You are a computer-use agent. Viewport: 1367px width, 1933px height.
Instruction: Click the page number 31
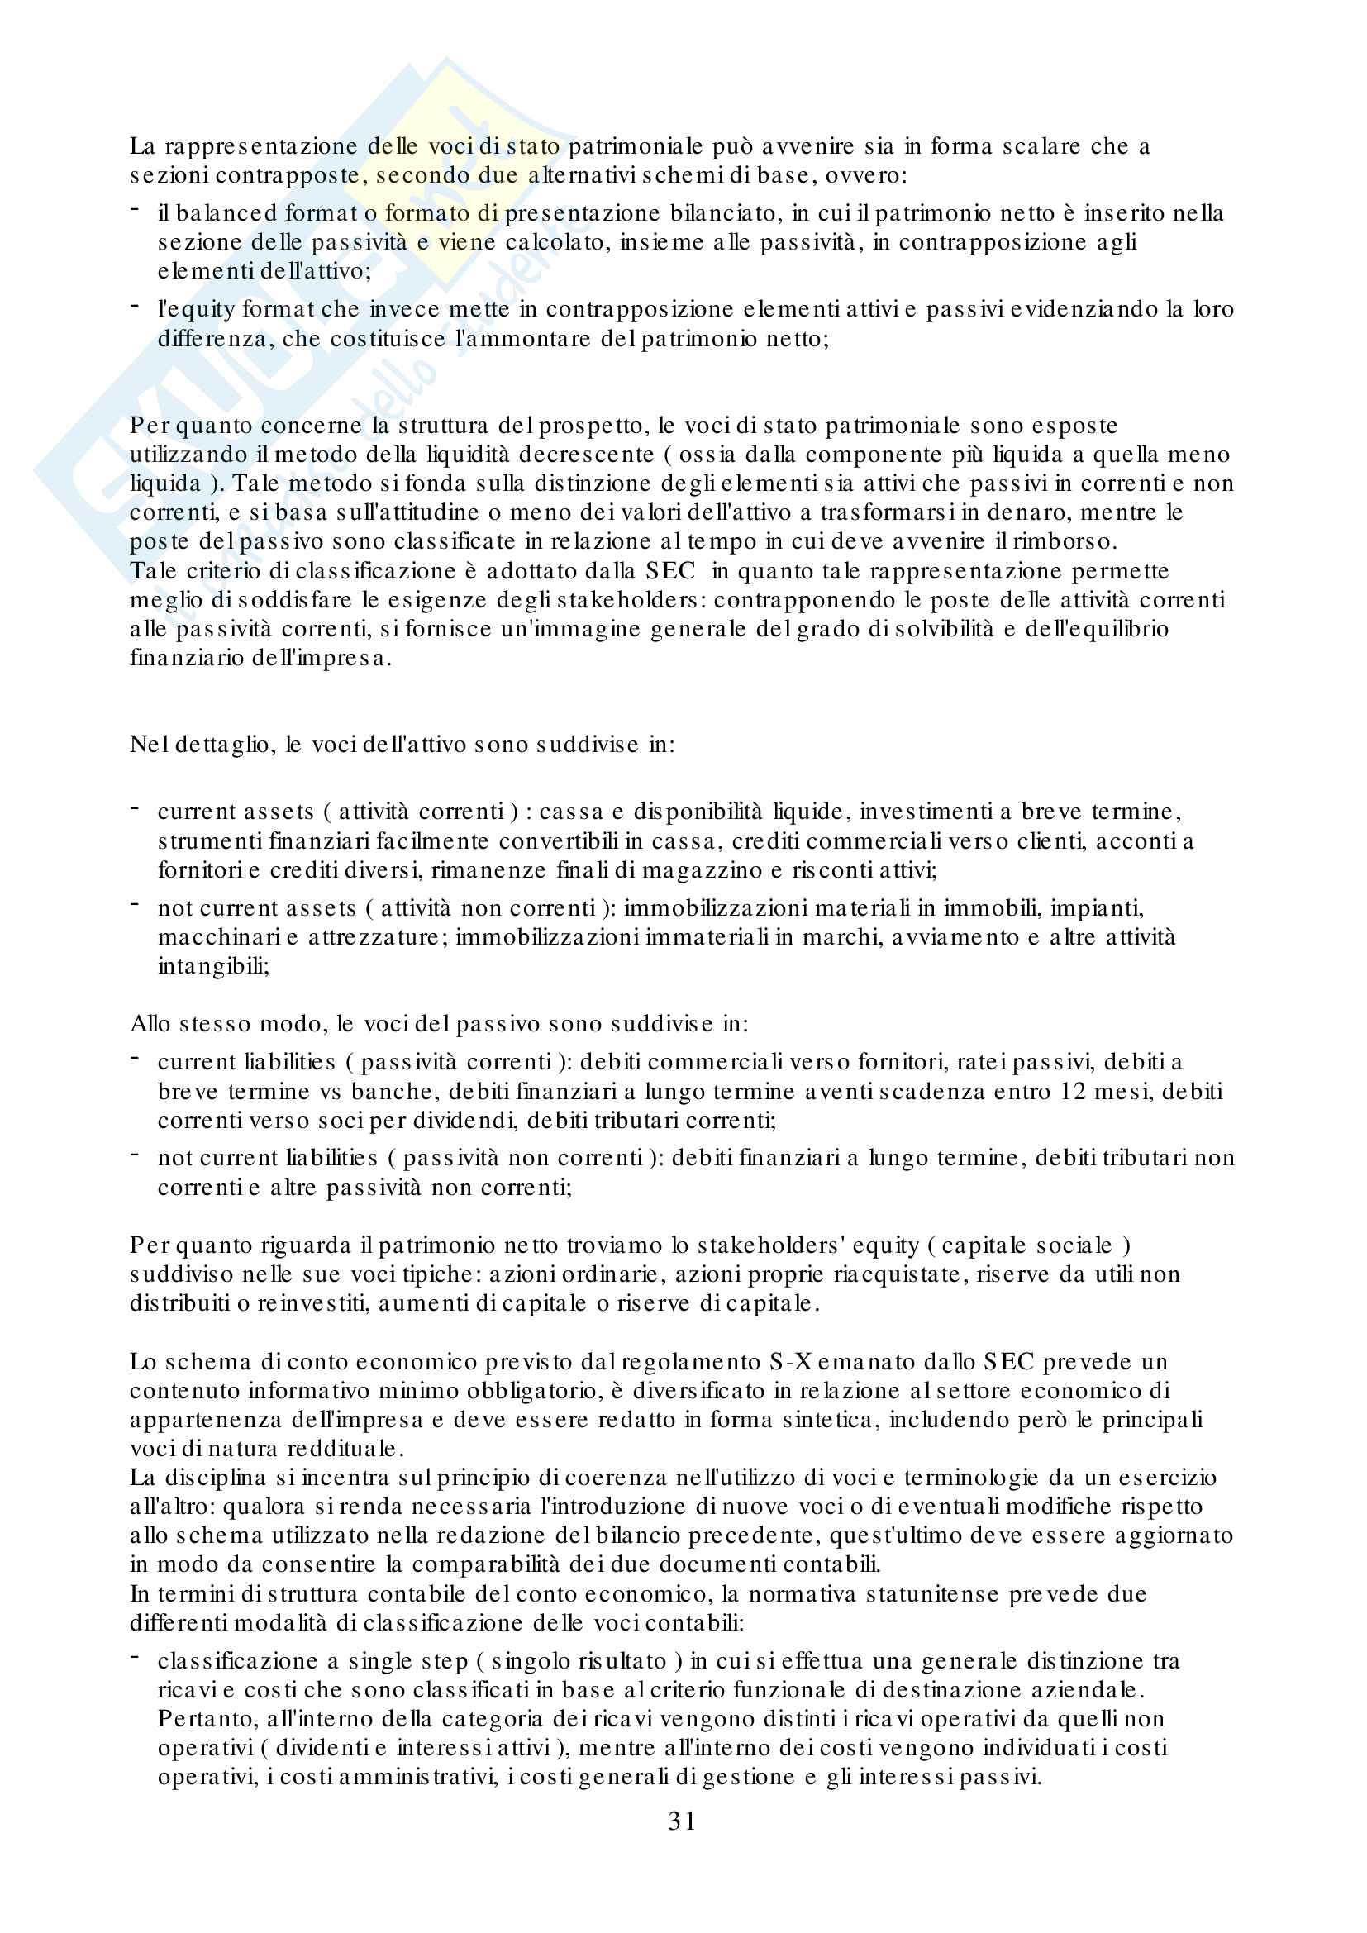[682, 1821]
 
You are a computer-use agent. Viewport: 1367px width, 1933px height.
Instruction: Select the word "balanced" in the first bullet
[226, 214]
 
